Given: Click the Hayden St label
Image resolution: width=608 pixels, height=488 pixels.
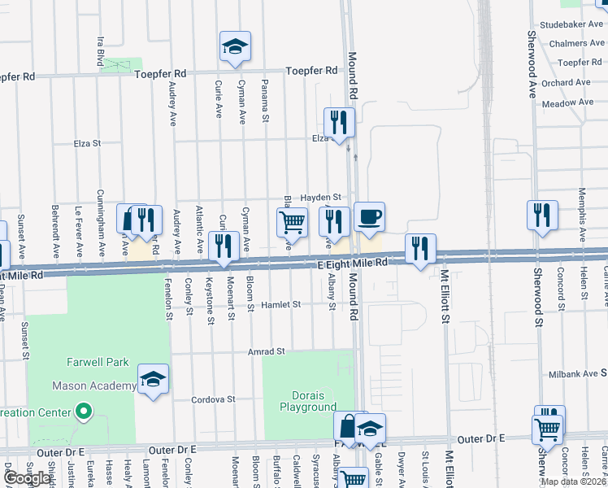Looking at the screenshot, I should [323, 197].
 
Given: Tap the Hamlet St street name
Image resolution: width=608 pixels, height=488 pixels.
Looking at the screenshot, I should [281, 305].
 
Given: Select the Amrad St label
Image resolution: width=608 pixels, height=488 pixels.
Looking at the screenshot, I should [267, 352].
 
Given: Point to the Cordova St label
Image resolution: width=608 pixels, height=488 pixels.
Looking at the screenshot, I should [213, 400].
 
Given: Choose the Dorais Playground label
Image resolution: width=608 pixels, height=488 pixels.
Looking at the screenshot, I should [308, 401].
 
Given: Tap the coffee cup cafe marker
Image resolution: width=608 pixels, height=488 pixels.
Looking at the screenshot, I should [370, 216].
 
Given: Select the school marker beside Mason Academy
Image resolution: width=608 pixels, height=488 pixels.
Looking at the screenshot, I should [153, 379].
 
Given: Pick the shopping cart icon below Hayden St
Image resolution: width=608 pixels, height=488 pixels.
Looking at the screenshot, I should [292, 221].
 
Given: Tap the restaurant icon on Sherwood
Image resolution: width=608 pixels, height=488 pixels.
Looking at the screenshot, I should [542, 215].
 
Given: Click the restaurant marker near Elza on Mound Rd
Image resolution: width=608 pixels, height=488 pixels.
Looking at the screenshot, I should [337, 122].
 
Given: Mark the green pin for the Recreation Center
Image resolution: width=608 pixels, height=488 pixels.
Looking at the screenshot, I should [82, 412].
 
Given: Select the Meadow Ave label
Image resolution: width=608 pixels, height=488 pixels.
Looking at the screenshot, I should [567, 103].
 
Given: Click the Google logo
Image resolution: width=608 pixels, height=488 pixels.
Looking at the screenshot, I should [27, 478].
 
